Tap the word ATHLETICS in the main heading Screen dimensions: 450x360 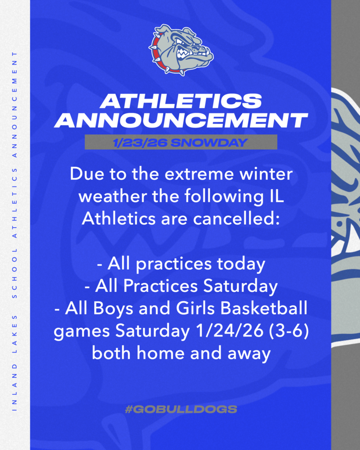181,101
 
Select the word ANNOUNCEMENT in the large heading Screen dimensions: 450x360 181,120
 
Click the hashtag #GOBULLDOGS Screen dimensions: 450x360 181,409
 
